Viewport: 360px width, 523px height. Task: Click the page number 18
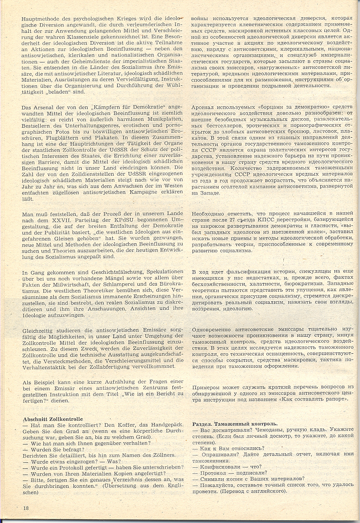26,508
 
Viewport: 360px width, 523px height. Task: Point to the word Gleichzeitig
39,330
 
